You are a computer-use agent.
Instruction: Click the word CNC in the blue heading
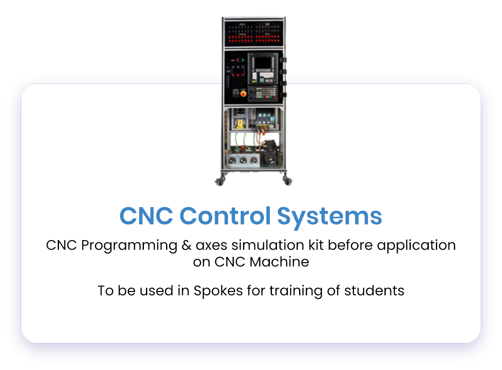tap(146, 216)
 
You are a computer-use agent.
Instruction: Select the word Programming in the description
tap(129, 246)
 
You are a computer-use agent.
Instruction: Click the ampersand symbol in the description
tap(187, 245)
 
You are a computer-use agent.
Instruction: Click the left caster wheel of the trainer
tap(219, 181)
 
